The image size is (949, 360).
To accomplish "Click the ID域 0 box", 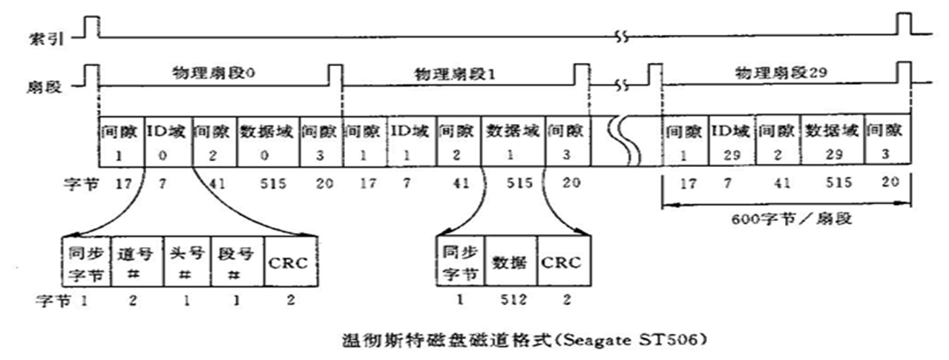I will coord(168,140).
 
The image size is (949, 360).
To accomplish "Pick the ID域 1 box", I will coord(412,140).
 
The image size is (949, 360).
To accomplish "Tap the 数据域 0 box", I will coord(267,140).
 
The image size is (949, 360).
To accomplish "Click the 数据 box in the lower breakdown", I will coord(510,262).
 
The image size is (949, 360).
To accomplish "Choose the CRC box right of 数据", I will coord(564,262).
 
